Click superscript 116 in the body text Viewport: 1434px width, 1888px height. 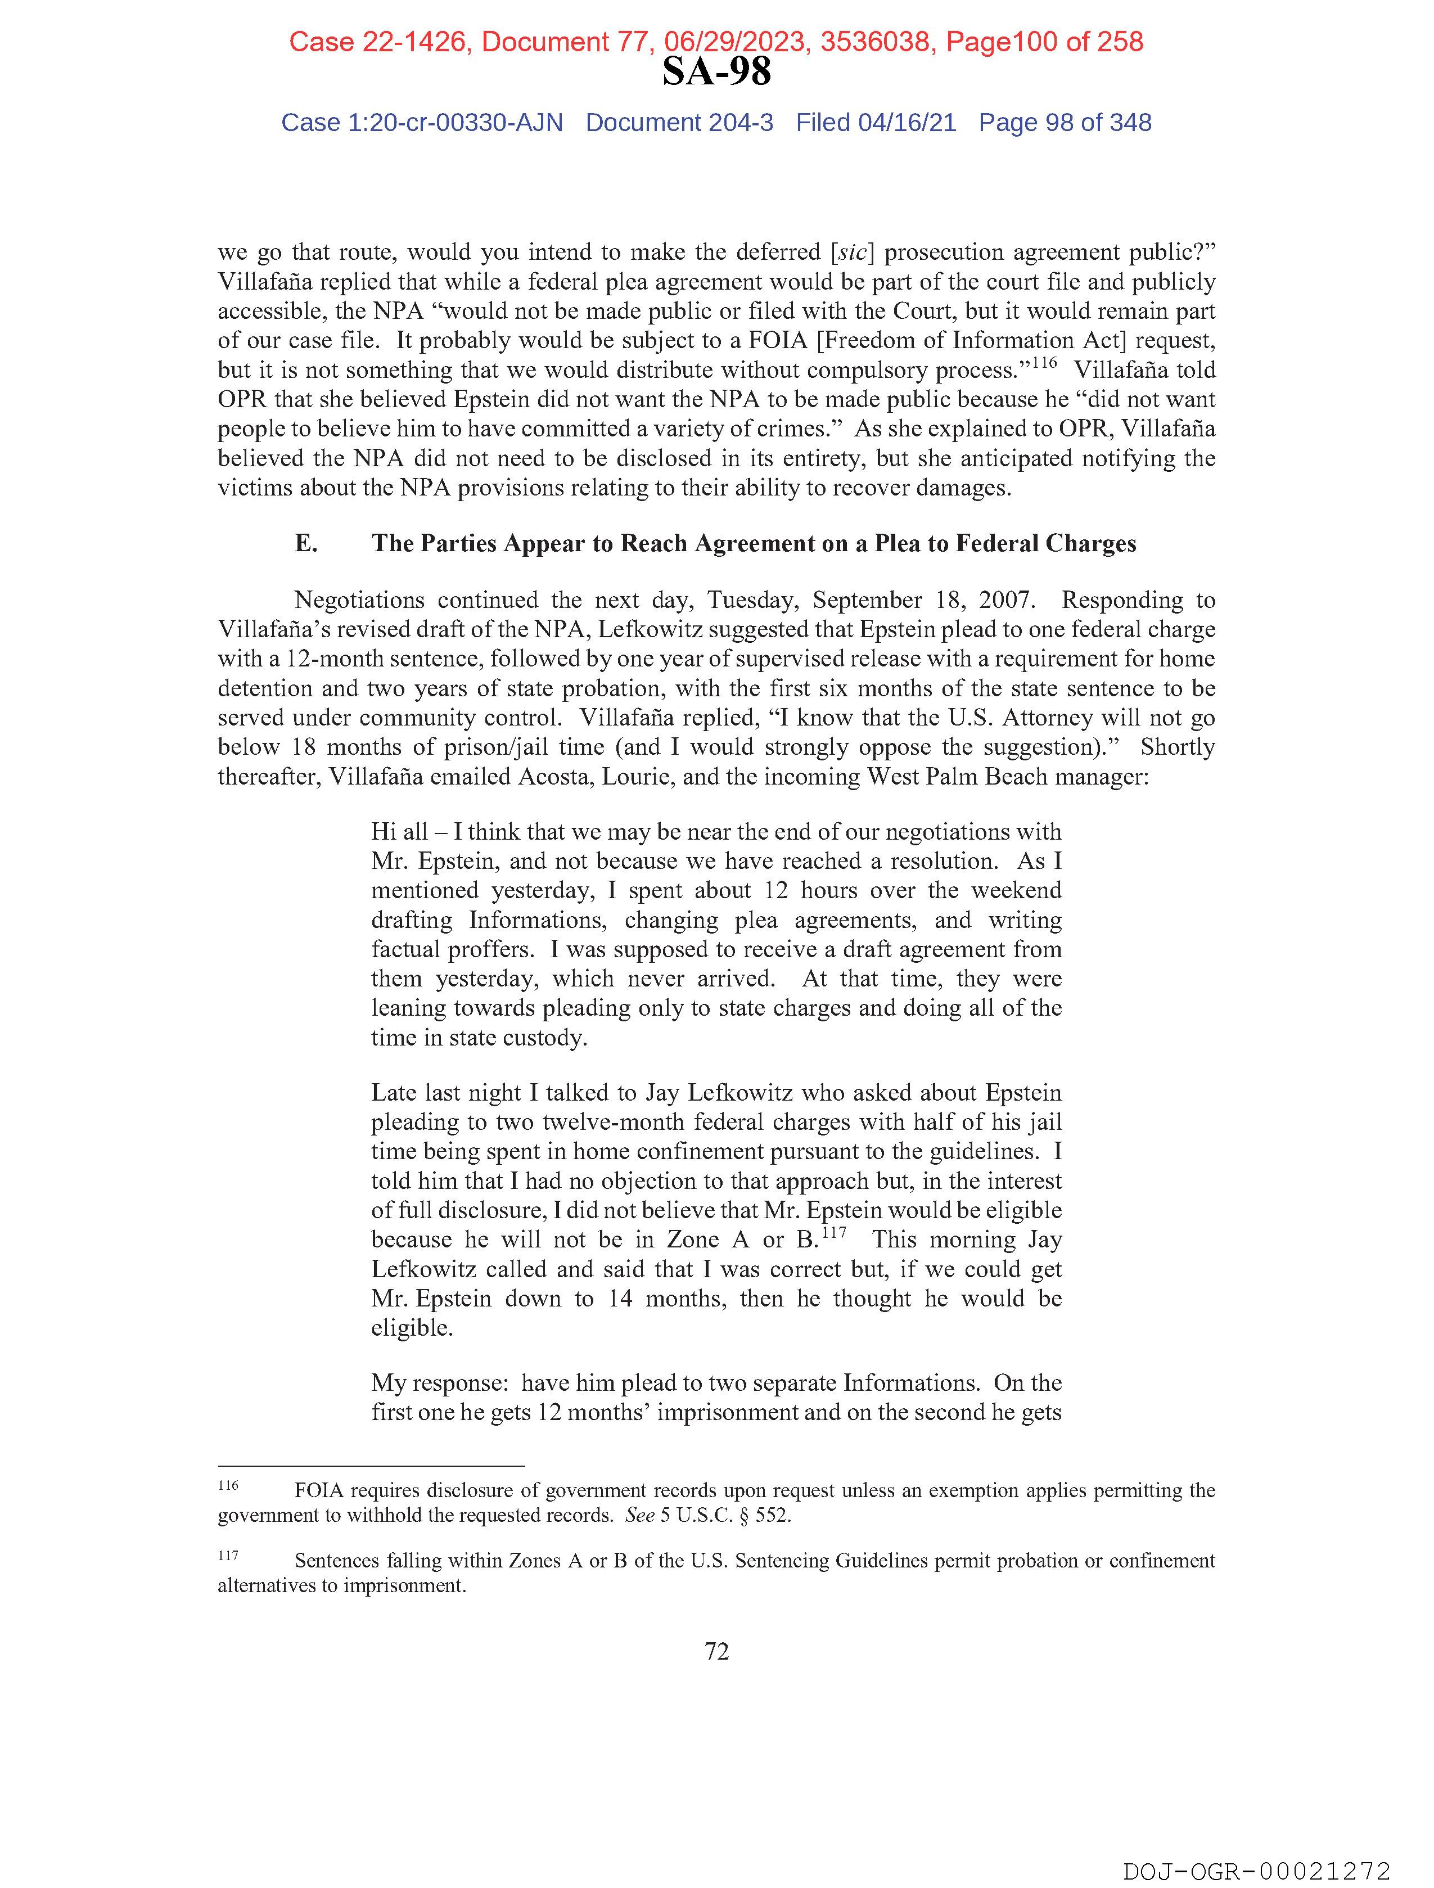pyautogui.click(x=1044, y=363)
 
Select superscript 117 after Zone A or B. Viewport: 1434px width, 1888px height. pyautogui.click(x=834, y=1232)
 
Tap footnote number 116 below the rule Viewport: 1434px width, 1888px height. pyautogui.click(x=228, y=1486)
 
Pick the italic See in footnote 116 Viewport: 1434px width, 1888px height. pyautogui.click(x=640, y=1516)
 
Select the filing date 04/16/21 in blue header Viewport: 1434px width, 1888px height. pyautogui.click(x=907, y=123)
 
